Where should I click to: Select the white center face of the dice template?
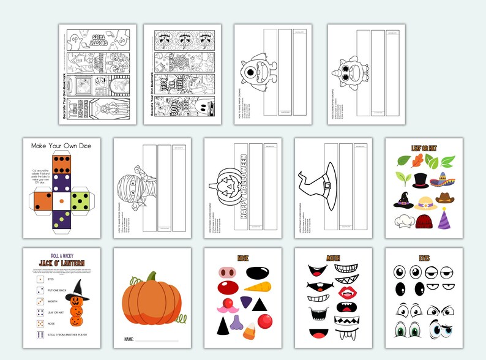point(61,200)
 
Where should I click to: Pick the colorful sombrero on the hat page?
point(442,179)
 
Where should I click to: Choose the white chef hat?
point(404,221)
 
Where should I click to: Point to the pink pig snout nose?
point(227,271)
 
